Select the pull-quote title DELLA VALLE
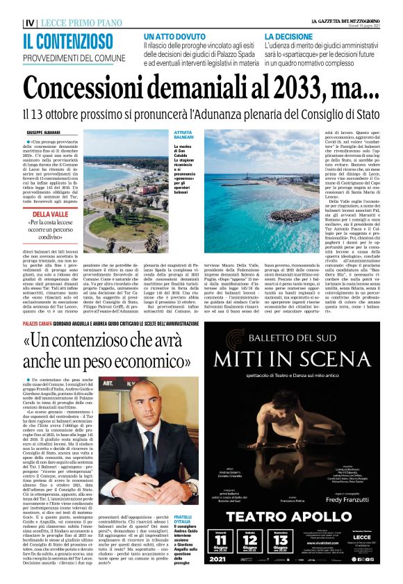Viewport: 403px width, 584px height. point(50,215)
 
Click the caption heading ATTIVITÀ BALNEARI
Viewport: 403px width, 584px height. point(164,136)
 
